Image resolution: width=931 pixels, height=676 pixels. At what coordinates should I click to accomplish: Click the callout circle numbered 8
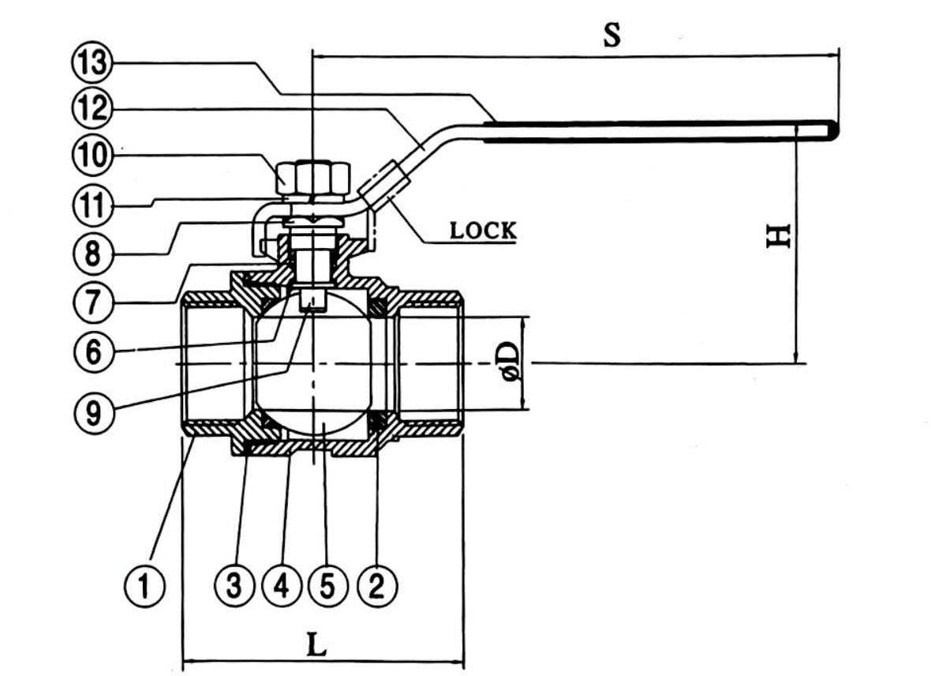coord(93,254)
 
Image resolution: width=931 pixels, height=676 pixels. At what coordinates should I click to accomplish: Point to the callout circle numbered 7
coord(93,303)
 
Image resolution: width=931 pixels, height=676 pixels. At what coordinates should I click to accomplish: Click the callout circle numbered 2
coord(377,587)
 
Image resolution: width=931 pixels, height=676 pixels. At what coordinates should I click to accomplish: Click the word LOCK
coord(483,231)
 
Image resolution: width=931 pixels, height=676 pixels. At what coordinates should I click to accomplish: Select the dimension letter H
coord(780,237)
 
